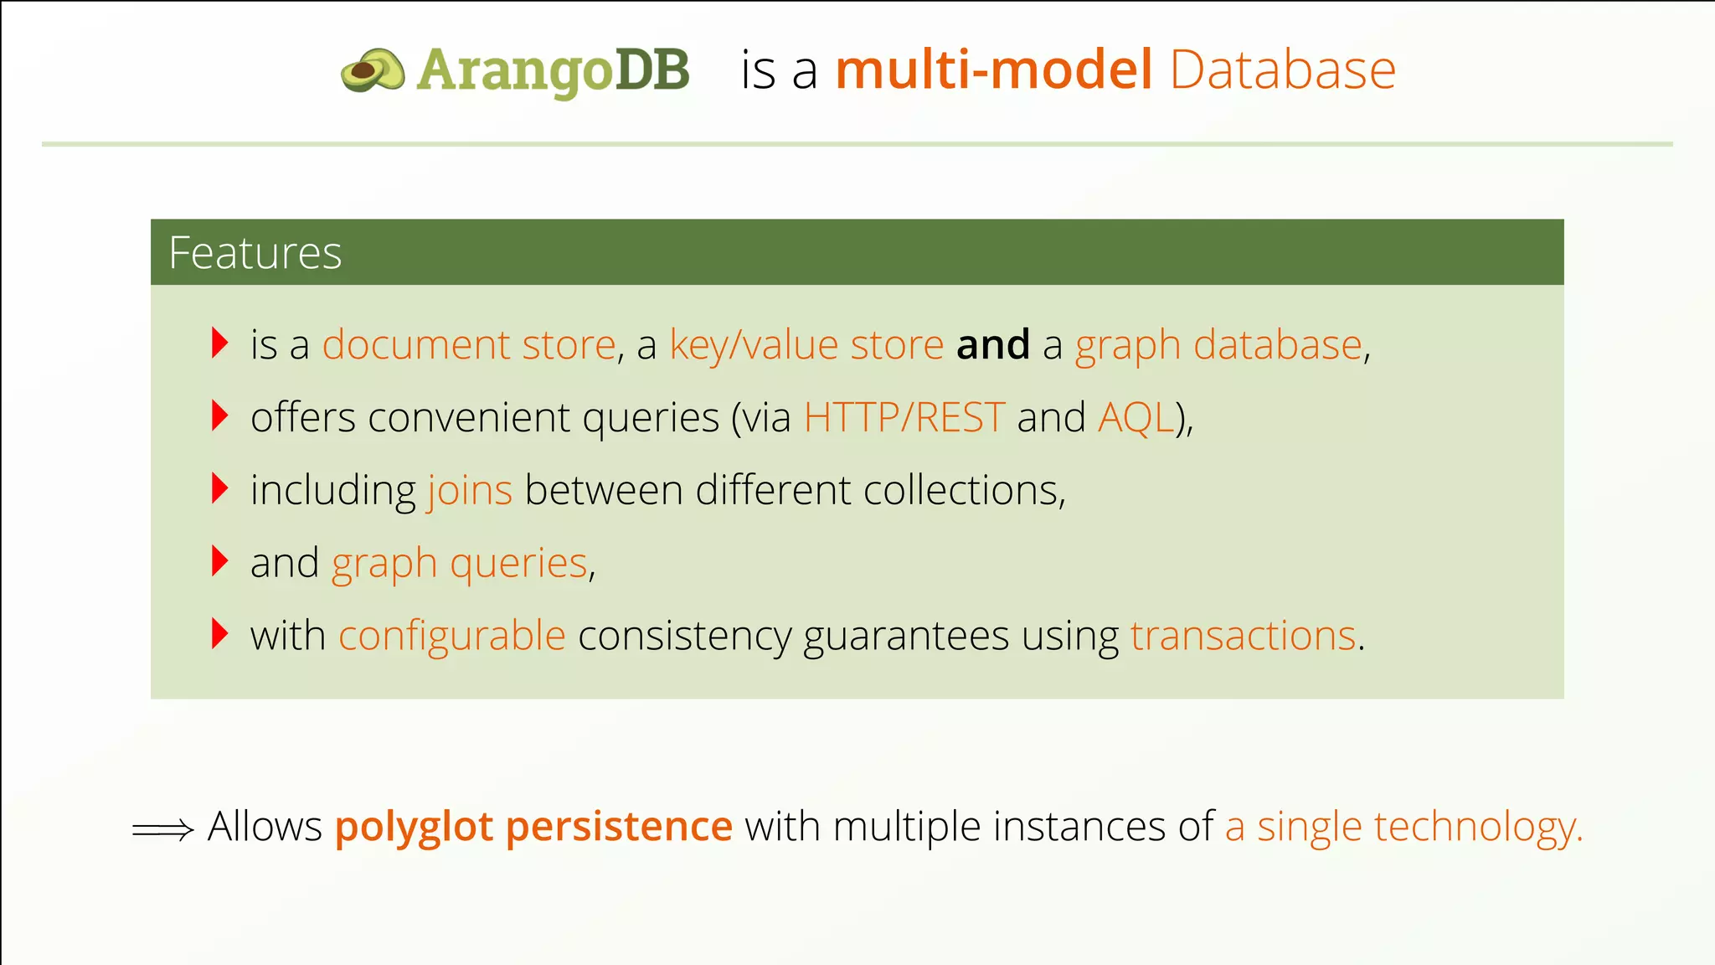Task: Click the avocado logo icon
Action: (x=372, y=70)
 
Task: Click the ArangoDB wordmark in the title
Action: (x=553, y=70)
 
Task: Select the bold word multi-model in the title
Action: (x=994, y=70)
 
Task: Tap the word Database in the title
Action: (x=1282, y=70)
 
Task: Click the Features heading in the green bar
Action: (x=255, y=253)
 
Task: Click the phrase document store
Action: (x=469, y=345)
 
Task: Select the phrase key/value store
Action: (x=806, y=345)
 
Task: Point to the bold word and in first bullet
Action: (x=993, y=345)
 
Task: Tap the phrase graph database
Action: (x=1218, y=345)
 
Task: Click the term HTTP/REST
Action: (x=904, y=417)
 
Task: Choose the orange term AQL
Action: (x=1136, y=417)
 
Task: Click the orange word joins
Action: (x=470, y=490)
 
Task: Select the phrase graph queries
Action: (x=460, y=563)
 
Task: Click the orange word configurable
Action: (x=452, y=636)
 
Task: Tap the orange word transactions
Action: (x=1243, y=636)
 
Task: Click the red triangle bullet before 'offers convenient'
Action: (x=219, y=415)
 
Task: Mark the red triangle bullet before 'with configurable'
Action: (x=219, y=634)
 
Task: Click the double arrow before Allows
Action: (x=163, y=829)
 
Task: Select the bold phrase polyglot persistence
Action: (x=533, y=827)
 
